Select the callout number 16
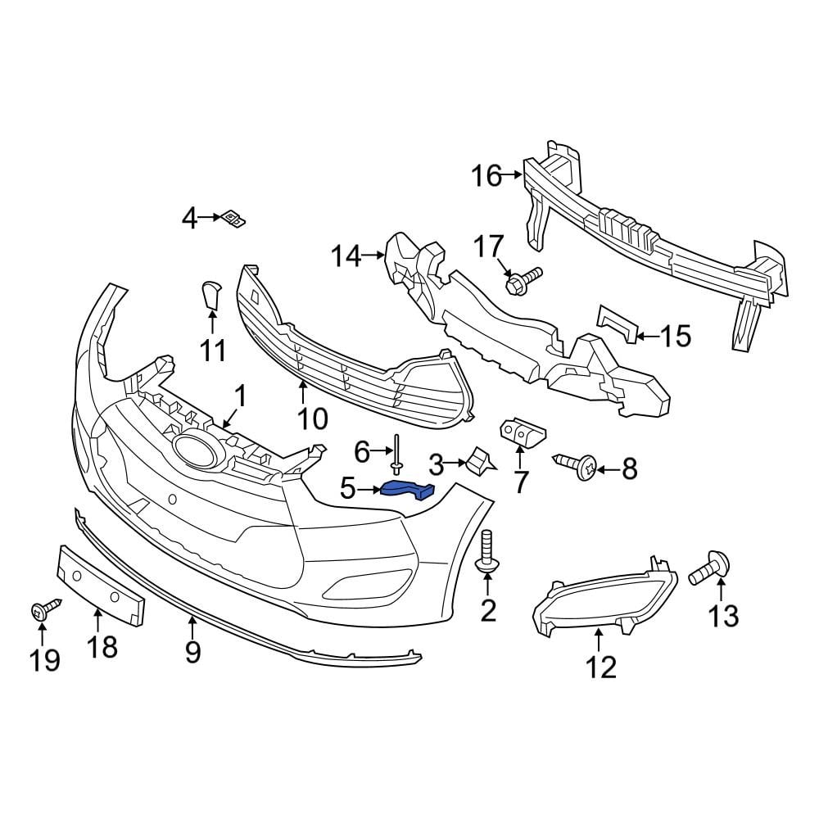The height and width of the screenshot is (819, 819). [486, 175]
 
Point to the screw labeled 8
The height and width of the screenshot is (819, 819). [577, 467]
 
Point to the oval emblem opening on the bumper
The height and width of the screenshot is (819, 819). [194, 450]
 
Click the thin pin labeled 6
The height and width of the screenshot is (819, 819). [397, 453]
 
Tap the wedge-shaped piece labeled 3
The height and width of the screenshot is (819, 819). [479, 462]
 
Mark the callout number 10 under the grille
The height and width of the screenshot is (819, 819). [312, 419]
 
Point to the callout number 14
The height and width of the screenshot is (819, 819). [346, 256]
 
